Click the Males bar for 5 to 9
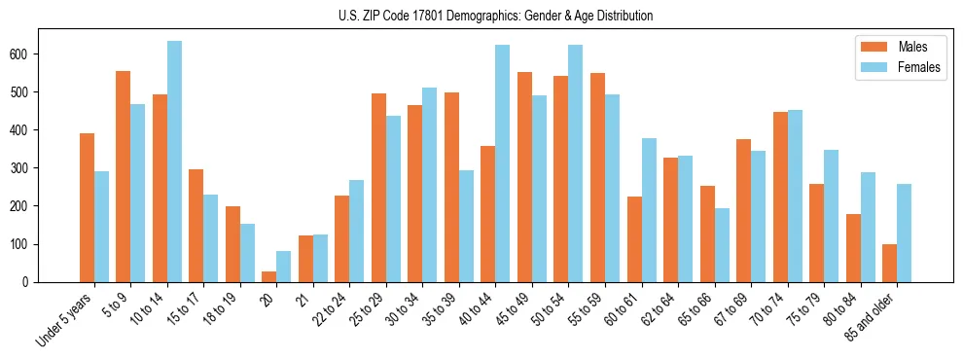(x=124, y=176)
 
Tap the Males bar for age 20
(x=269, y=276)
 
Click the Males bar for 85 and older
(x=889, y=263)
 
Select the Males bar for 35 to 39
(x=451, y=187)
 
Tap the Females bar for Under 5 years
(x=101, y=227)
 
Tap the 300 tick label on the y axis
(x=25, y=167)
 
